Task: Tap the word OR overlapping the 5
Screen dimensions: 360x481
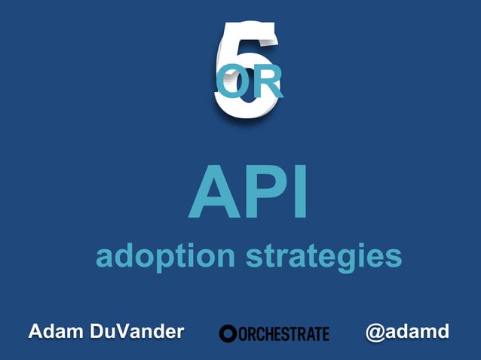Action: coord(249,83)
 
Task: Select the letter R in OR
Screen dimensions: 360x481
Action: coord(267,83)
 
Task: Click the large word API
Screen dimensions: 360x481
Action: coord(248,193)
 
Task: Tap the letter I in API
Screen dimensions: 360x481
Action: coord(299,193)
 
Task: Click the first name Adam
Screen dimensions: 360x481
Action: coord(57,331)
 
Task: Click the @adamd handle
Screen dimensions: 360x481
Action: coord(407,331)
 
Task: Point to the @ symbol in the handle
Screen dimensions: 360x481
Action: coord(375,332)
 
